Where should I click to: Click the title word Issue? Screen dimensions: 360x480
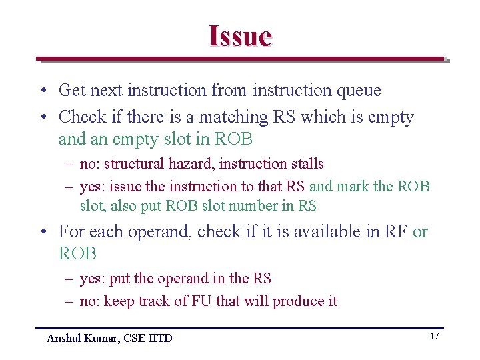pos(240,35)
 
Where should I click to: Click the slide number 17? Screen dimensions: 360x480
pos(434,337)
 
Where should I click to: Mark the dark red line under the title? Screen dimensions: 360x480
pos(240,59)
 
